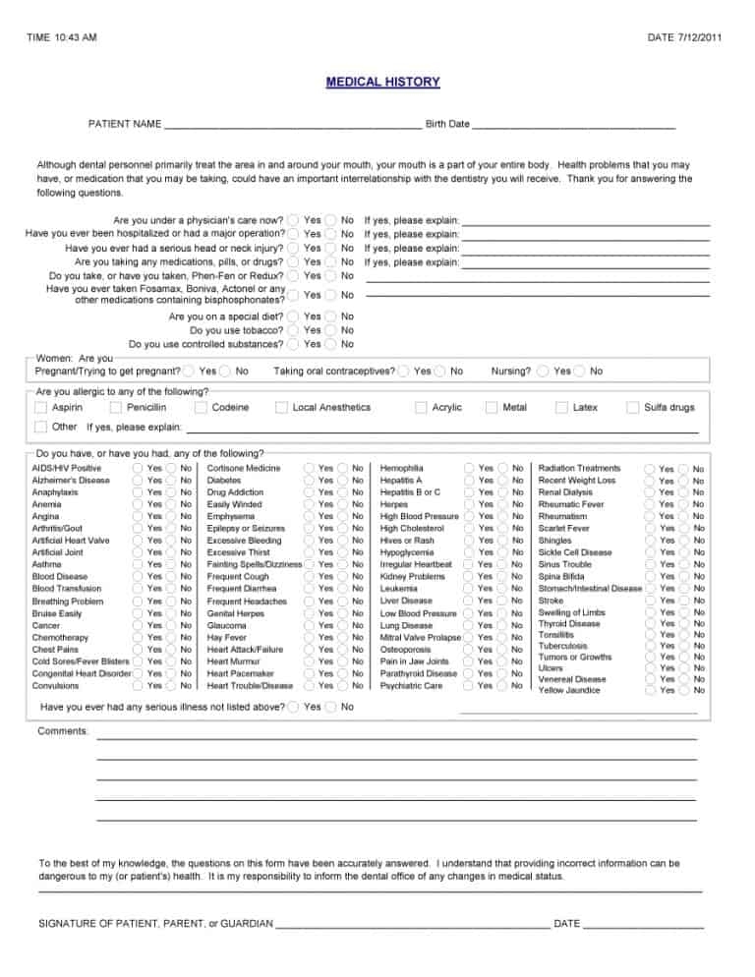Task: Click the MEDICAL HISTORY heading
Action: click(382, 83)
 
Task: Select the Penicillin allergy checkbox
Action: click(117, 407)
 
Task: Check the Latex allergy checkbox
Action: click(562, 407)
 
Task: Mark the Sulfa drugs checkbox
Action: click(633, 407)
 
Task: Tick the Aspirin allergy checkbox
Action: click(40, 407)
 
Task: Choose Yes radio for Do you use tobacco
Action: click(294, 330)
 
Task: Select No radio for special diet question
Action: click(331, 316)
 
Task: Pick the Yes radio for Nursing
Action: click(543, 372)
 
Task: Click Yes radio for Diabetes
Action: click(309, 481)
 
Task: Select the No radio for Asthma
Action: click(173, 565)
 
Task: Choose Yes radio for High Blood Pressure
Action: click(471, 517)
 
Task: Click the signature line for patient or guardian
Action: click(413, 924)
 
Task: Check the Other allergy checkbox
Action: click(40, 427)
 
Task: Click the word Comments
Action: click(62, 731)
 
